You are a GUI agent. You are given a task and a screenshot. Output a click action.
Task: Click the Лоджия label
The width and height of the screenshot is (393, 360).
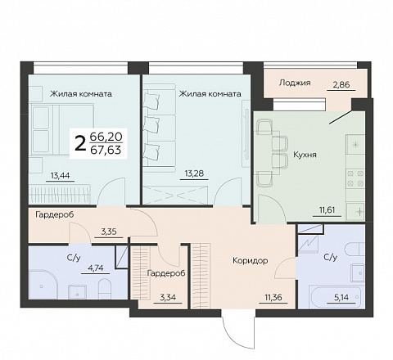(x=295, y=83)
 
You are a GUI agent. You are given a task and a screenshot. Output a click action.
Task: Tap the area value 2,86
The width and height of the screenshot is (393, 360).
(x=341, y=85)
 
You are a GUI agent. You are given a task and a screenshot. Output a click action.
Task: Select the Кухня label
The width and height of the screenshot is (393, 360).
(x=305, y=155)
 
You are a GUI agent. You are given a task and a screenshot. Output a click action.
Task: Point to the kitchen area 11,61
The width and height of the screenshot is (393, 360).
(x=327, y=210)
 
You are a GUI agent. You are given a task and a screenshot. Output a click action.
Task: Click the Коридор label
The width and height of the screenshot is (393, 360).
(x=251, y=261)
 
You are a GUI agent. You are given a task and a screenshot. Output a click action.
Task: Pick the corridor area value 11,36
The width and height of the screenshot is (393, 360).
(x=273, y=297)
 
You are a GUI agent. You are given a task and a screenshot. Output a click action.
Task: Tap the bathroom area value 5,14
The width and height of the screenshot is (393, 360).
(x=341, y=297)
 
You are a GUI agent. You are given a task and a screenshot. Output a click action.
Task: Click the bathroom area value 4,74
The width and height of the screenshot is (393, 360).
(x=96, y=268)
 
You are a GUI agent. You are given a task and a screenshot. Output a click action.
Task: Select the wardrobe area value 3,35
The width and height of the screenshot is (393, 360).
(x=109, y=232)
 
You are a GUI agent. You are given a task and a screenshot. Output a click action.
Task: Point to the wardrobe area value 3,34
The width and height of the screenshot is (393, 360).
(x=168, y=297)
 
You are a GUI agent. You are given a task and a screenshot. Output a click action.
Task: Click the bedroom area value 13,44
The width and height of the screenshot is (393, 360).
(x=61, y=176)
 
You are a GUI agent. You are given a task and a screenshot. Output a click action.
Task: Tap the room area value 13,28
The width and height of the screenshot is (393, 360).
(x=194, y=173)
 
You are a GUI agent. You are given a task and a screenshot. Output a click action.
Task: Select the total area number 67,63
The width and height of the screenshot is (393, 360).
(x=106, y=150)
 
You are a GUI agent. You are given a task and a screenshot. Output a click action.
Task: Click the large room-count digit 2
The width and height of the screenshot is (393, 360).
(x=79, y=144)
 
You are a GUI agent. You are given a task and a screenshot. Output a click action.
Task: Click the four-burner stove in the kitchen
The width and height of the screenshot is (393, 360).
(x=355, y=178)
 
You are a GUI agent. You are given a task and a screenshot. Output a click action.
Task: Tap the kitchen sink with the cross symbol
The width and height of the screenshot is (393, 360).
(x=355, y=211)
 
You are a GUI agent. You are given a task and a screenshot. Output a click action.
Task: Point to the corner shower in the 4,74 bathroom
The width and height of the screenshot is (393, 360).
(x=43, y=284)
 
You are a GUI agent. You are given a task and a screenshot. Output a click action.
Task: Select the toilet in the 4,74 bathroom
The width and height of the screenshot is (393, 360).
(x=104, y=289)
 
